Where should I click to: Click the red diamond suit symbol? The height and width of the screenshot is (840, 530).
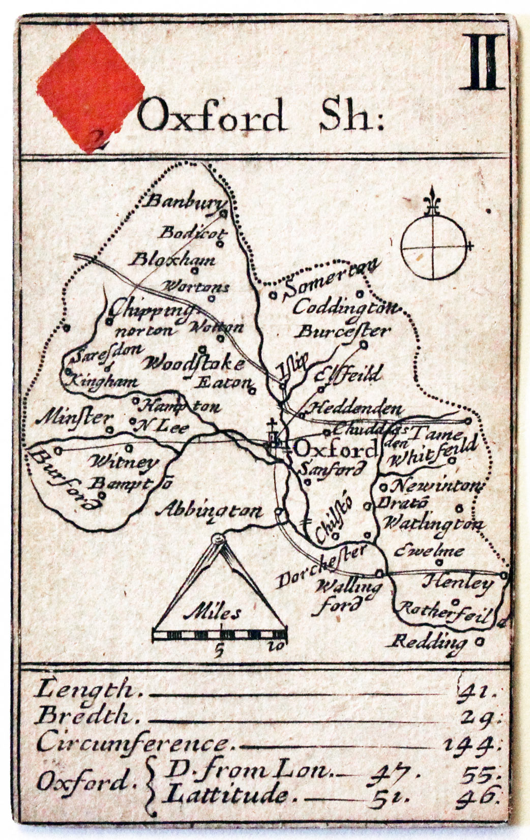[x=91, y=86]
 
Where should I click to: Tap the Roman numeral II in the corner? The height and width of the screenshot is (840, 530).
[x=485, y=62]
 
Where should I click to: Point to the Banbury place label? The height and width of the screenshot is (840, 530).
[x=184, y=201]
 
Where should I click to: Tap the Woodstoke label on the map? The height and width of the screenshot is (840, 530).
[x=193, y=364]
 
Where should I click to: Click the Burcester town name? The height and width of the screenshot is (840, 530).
[x=343, y=332]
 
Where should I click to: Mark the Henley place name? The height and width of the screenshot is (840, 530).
[x=458, y=582]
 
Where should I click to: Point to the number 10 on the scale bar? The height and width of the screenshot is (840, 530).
[x=277, y=646]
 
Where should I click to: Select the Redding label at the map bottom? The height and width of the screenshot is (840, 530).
[x=428, y=642]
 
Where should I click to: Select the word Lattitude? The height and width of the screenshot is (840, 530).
[x=227, y=794]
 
